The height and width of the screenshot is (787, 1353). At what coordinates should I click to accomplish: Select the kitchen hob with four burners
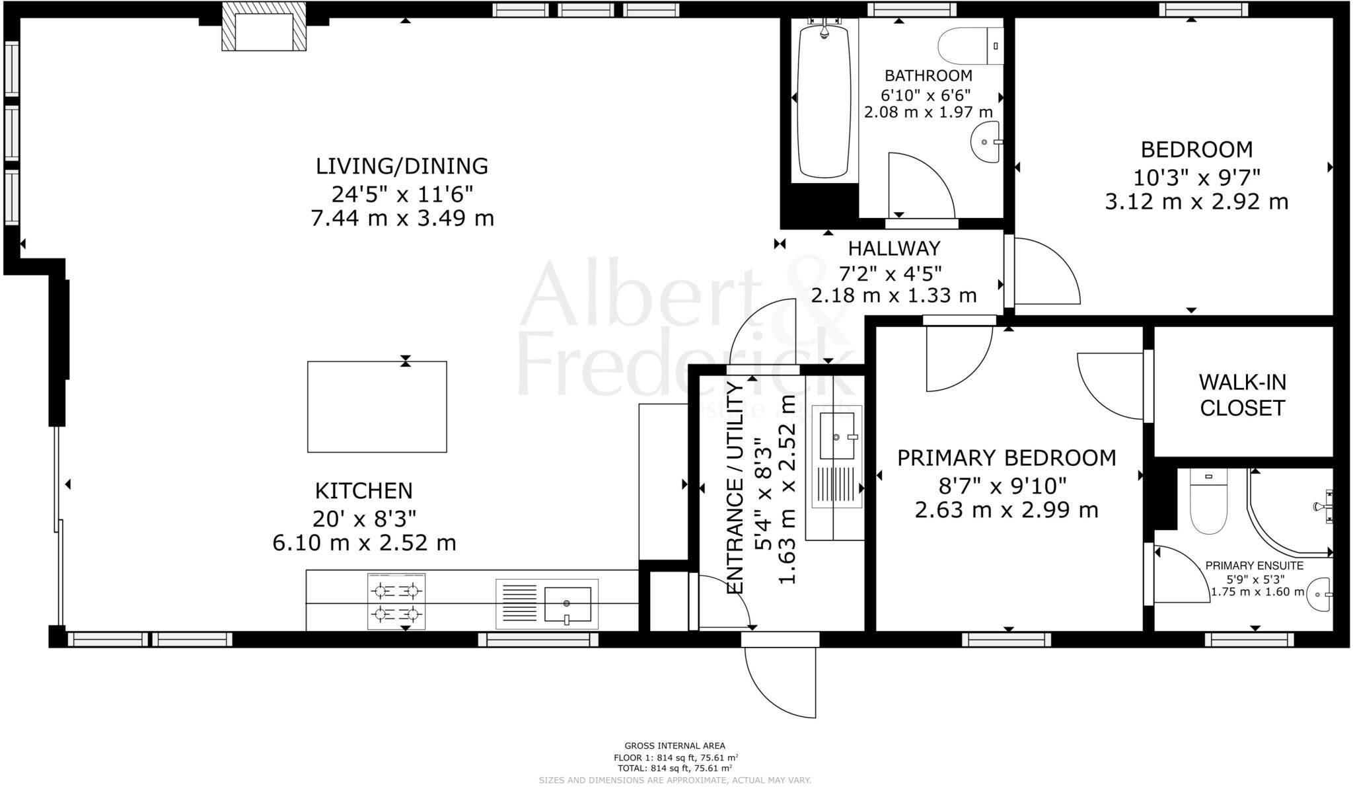tap(396, 601)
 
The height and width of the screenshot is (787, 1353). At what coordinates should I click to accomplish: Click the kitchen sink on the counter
tap(567, 604)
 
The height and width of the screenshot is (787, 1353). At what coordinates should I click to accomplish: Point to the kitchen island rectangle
tap(377, 406)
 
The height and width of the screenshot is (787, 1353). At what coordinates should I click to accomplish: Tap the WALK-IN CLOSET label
tap(1242, 395)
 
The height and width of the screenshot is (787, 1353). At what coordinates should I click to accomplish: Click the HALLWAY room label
tap(894, 248)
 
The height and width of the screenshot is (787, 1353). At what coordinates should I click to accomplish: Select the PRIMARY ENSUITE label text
tap(1254, 566)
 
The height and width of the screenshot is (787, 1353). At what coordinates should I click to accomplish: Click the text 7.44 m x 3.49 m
tap(402, 218)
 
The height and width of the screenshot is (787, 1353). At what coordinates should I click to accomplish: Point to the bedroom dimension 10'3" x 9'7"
tap(1196, 177)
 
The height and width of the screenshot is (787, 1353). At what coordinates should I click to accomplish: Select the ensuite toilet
tap(1208, 506)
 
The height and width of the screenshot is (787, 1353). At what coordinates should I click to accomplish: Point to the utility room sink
tap(837, 436)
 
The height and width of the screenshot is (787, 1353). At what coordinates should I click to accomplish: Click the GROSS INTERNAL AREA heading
tap(675, 746)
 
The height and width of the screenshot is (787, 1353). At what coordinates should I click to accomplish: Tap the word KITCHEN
tap(363, 491)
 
